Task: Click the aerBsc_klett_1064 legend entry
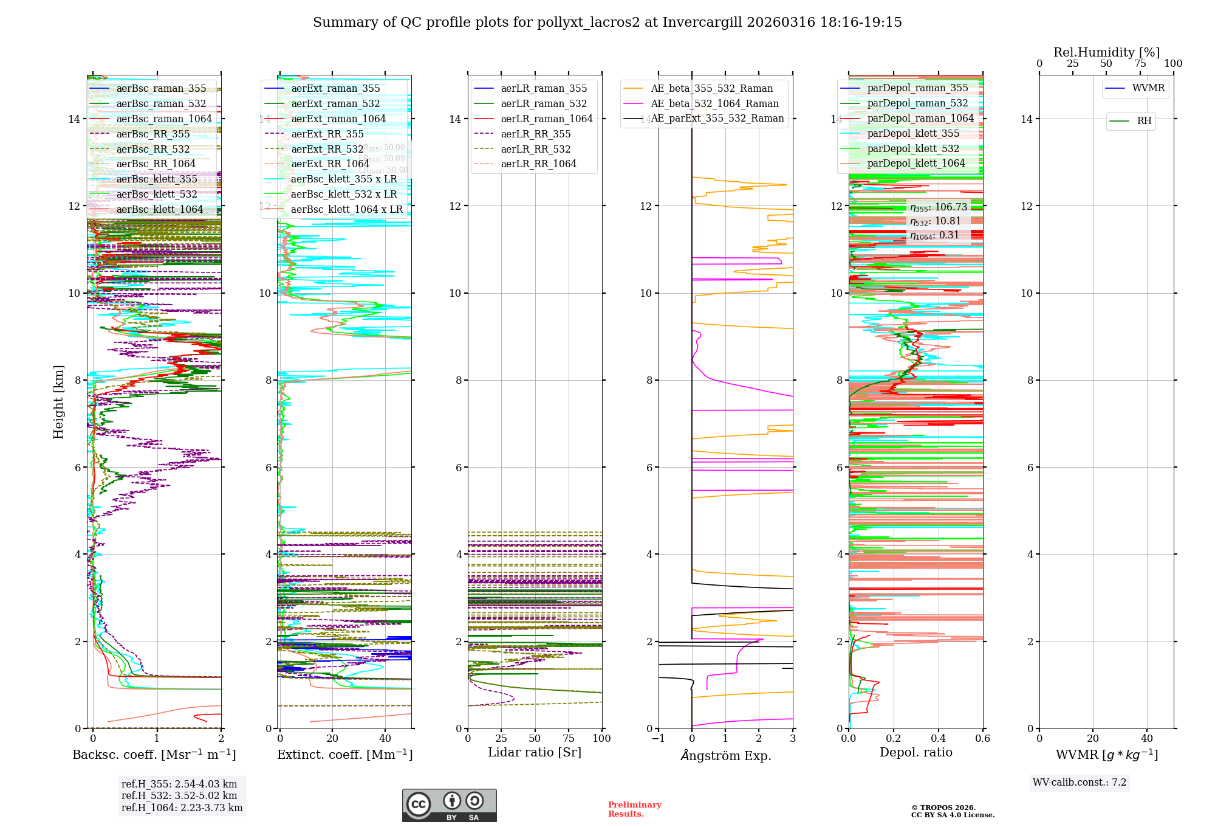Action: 159,209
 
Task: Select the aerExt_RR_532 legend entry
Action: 327,149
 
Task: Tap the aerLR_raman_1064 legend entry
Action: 546,119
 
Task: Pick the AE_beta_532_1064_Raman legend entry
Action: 714,103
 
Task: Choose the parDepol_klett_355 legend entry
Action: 913,133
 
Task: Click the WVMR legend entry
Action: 1148,88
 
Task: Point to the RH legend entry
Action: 1144,121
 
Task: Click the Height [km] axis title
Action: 58,402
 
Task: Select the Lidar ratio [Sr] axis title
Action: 535,752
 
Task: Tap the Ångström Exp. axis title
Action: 725,755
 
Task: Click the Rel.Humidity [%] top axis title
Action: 1106,52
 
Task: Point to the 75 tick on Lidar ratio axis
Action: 569,738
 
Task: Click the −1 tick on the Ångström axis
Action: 659,738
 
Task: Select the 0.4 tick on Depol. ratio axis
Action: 938,738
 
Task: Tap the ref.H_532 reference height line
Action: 179,795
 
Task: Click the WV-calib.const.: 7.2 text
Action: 1080,782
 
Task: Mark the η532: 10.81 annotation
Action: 936,221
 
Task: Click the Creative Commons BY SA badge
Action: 449,806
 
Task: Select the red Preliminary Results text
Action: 634,809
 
